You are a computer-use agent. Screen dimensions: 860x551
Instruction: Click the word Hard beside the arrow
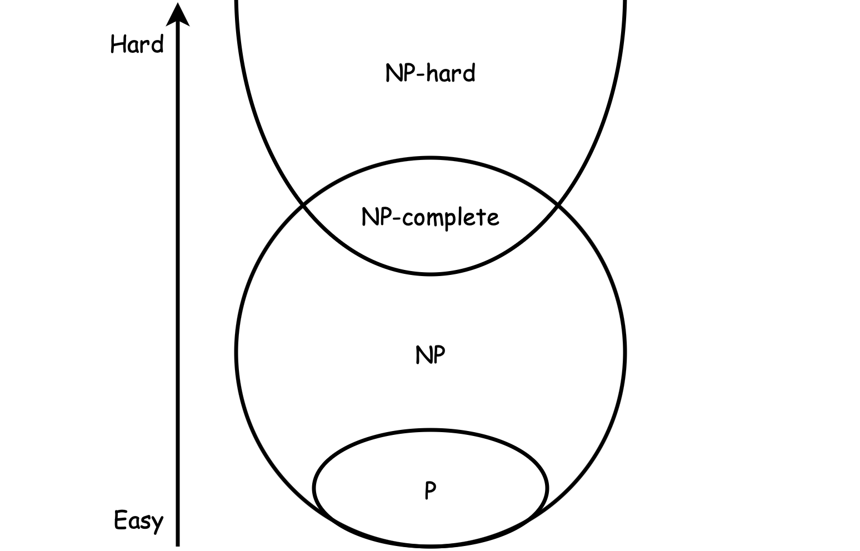(137, 44)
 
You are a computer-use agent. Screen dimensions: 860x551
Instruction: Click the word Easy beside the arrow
(138, 522)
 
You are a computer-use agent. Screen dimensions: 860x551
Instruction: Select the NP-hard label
(430, 73)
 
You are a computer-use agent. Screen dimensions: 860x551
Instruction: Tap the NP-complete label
(430, 218)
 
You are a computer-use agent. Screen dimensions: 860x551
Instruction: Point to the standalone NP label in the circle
(431, 354)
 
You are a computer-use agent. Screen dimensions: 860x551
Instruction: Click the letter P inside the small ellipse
(431, 490)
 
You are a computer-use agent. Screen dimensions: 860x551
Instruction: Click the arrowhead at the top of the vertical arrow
(178, 14)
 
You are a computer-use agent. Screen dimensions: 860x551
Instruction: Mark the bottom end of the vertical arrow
(178, 545)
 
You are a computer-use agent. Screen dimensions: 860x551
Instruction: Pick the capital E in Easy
(120, 520)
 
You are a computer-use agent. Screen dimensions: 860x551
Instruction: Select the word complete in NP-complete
(451, 219)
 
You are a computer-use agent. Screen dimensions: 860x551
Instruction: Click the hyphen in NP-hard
(421, 74)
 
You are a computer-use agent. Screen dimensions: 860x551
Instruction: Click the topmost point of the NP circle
(431, 157)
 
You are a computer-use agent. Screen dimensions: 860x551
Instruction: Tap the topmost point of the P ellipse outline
(431, 430)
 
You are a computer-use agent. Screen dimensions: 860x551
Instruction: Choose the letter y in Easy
(157, 524)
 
